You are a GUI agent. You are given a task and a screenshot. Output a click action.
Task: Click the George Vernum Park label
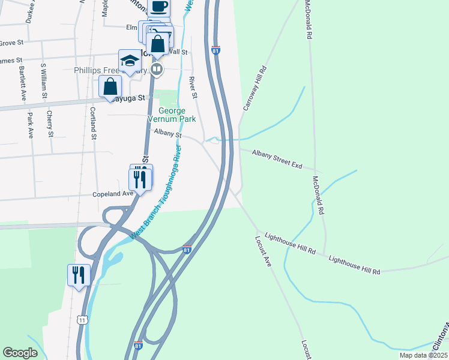pos(176,115)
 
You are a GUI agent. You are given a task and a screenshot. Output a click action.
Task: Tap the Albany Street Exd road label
pos(277,159)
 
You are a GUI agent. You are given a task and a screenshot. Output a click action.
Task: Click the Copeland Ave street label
pos(112,194)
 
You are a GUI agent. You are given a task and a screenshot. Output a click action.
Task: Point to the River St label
pos(193,87)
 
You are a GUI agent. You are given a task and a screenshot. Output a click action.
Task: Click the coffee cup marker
pos(158,7)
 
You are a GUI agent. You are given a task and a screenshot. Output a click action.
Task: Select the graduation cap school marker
pos(129,60)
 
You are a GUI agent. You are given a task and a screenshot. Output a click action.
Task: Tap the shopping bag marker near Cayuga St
pos(110,86)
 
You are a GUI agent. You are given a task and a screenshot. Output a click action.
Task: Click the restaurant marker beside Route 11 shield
pos(79,275)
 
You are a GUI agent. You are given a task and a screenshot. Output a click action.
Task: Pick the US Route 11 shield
pos(82,320)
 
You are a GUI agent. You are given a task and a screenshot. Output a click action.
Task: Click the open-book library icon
pos(157,70)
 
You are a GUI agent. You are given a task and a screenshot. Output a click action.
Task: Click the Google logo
pos(20,353)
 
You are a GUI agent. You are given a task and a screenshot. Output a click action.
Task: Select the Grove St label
pos(10,43)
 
